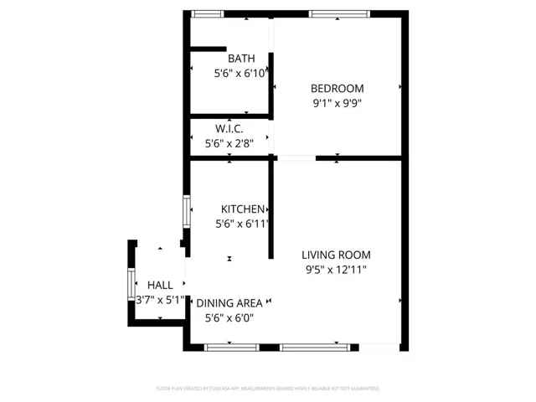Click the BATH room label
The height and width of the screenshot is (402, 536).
[x=241, y=59]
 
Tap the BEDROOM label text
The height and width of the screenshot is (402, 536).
[x=337, y=89]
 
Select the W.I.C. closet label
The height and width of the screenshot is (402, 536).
[x=229, y=129]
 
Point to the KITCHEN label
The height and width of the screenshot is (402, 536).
[x=243, y=209]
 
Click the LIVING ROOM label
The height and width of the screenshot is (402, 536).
[x=336, y=255]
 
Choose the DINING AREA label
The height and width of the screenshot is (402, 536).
[x=229, y=302]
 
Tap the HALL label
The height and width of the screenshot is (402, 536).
[x=160, y=285]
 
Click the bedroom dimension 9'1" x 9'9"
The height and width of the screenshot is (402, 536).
[x=337, y=104]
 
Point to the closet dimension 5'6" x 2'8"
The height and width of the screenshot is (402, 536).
[x=229, y=143]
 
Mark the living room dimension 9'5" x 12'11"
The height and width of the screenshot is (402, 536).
[x=336, y=270]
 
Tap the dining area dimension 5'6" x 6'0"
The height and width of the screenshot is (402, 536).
[x=229, y=317]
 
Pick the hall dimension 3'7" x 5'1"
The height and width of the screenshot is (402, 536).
[x=160, y=300]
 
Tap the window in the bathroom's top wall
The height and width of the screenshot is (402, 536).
[x=207, y=13]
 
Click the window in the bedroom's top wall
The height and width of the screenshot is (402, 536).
[x=338, y=13]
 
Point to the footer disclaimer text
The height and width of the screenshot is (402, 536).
[x=268, y=389]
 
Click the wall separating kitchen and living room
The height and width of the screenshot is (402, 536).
[x=271, y=209]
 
